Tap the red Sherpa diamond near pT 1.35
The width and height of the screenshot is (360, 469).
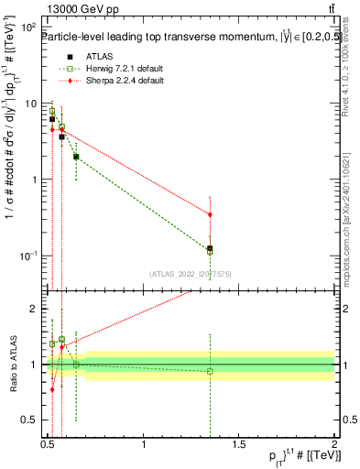[211, 214]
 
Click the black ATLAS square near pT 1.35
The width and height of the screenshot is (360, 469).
[211, 248]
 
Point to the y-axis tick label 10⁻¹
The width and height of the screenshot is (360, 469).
[28, 255]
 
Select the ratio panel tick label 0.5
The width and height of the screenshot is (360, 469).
[30, 420]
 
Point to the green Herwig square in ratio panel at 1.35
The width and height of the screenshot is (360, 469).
[211, 371]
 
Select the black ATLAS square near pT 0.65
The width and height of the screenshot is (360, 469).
[76, 157]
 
